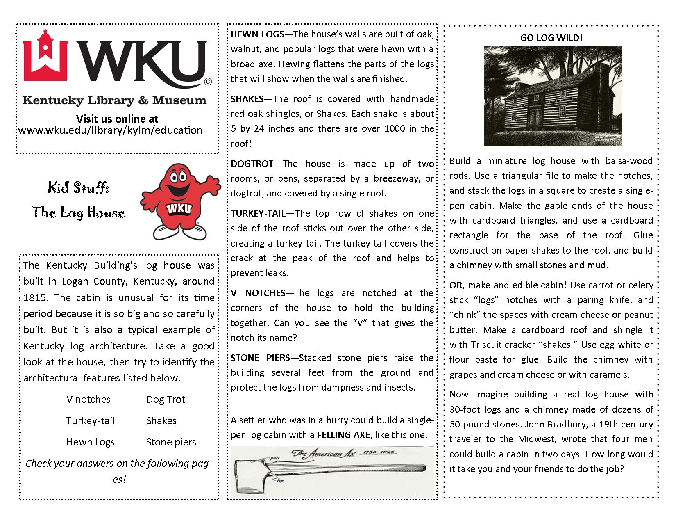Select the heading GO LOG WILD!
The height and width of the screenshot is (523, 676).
coord(551,38)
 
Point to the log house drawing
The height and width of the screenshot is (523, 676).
coord(553,96)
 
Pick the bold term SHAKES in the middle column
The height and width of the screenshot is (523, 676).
coord(247,99)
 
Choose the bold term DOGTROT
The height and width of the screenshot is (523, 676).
coord(252,164)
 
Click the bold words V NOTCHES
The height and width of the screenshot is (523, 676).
coord(258,293)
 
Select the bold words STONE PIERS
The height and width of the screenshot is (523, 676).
coord(260,358)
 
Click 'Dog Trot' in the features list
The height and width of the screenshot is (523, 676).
coord(166,400)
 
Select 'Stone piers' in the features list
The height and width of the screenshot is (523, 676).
coord(171,442)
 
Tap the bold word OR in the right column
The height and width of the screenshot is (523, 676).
coord(456,285)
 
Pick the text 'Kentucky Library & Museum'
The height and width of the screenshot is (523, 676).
coord(114,100)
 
